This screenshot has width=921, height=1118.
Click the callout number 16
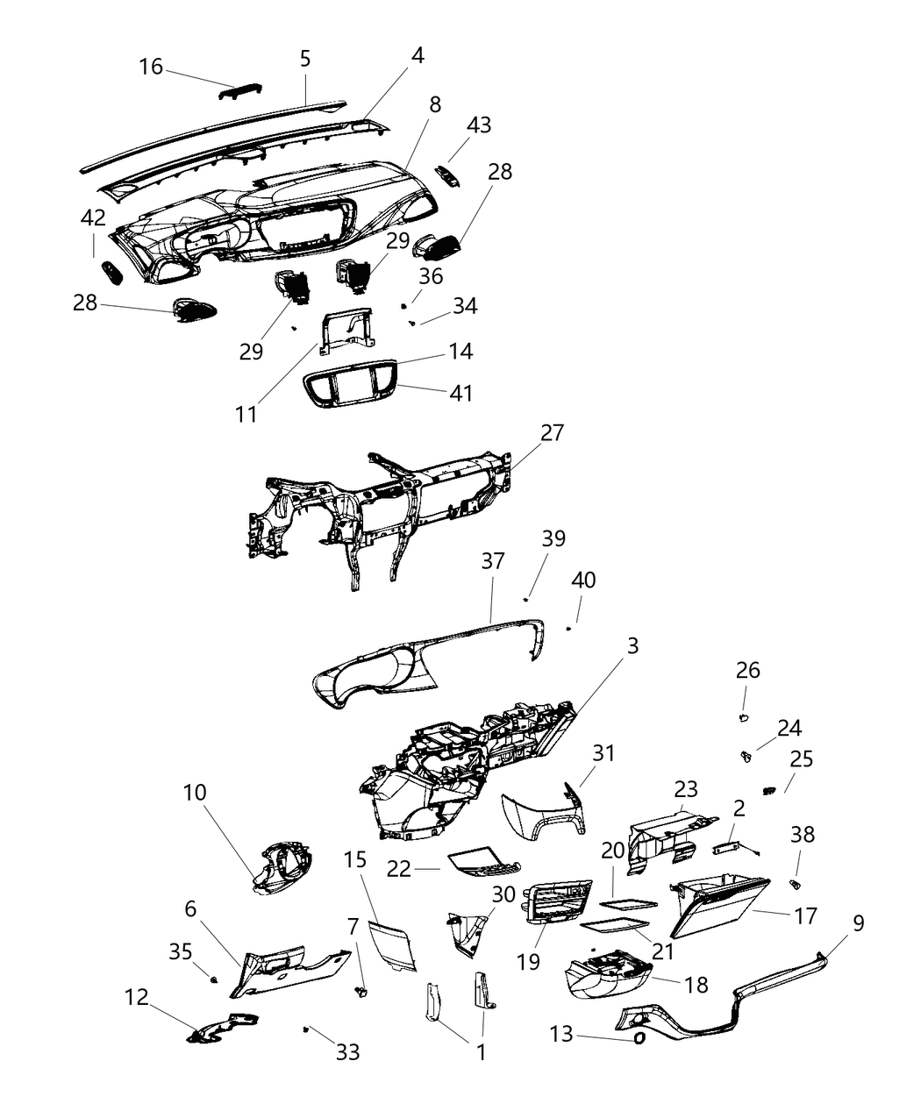[151, 67]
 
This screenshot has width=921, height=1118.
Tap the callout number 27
[553, 433]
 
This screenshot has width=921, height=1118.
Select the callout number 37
[494, 560]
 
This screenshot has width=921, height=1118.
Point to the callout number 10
[195, 793]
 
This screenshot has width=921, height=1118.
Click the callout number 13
[561, 1034]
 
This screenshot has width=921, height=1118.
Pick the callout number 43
[479, 125]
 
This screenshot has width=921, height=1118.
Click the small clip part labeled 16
[239, 92]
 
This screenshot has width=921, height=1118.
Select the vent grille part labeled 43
[452, 177]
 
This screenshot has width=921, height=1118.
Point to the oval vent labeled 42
[111, 273]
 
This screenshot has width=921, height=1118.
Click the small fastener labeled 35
[214, 978]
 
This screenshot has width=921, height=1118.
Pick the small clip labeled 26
[743, 718]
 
